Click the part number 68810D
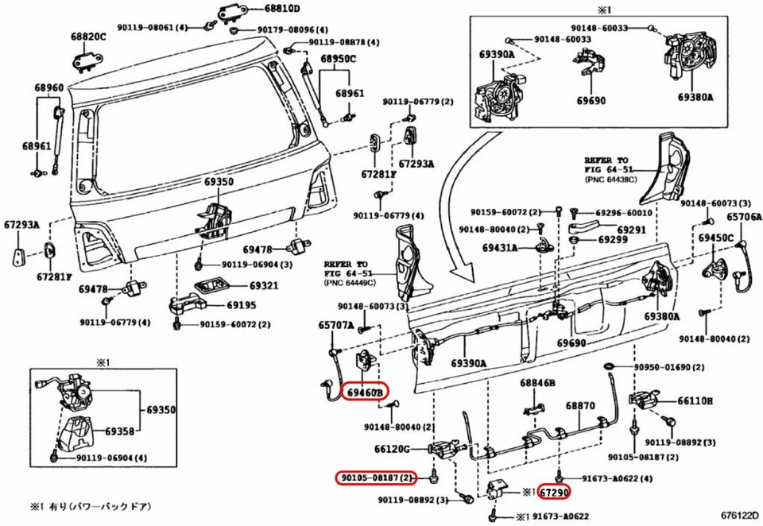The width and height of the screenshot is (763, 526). pos(261,10)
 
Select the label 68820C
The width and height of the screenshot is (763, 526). pos(87,37)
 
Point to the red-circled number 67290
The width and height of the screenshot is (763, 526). pos(554,492)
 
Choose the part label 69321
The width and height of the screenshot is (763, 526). pos(242,285)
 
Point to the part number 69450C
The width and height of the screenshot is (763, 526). pos(716,238)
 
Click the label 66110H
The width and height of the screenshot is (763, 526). pos(695,401)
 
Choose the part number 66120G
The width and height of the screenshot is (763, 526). pos(392,450)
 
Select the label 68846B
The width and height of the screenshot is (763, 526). pos(537,383)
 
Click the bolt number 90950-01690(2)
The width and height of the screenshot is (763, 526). pos(668,368)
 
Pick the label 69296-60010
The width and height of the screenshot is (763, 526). pos(624,213)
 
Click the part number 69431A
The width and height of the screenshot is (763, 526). pos(499,248)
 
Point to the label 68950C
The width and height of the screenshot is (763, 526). pos(339,59)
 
